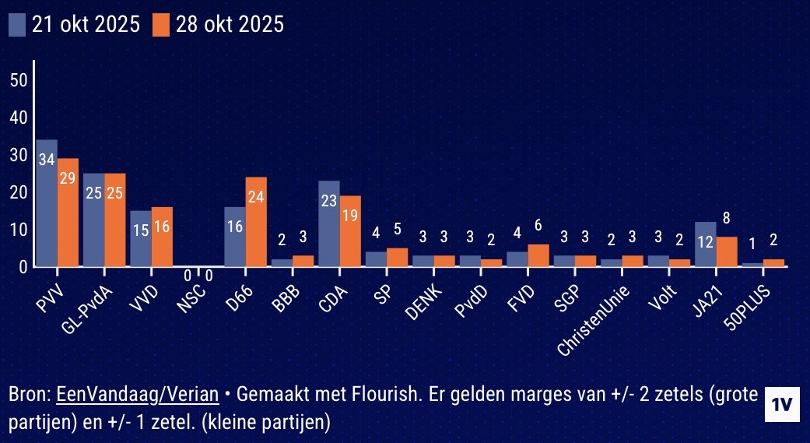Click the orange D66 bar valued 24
coord(256,222)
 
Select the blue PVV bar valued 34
coord(47,203)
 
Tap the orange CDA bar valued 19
coord(350,231)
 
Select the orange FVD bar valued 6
coord(538,255)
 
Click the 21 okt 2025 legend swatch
coord(17,25)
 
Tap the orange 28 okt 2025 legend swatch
coord(160,25)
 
